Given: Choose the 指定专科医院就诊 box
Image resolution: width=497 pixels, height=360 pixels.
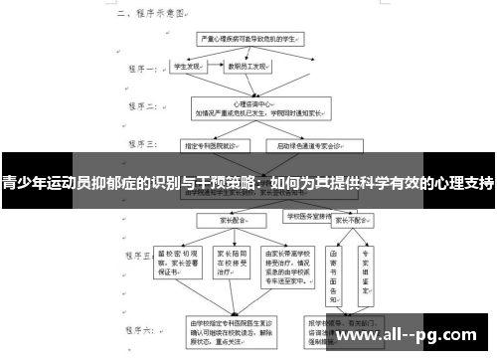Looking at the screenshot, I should click(x=209, y=145).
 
